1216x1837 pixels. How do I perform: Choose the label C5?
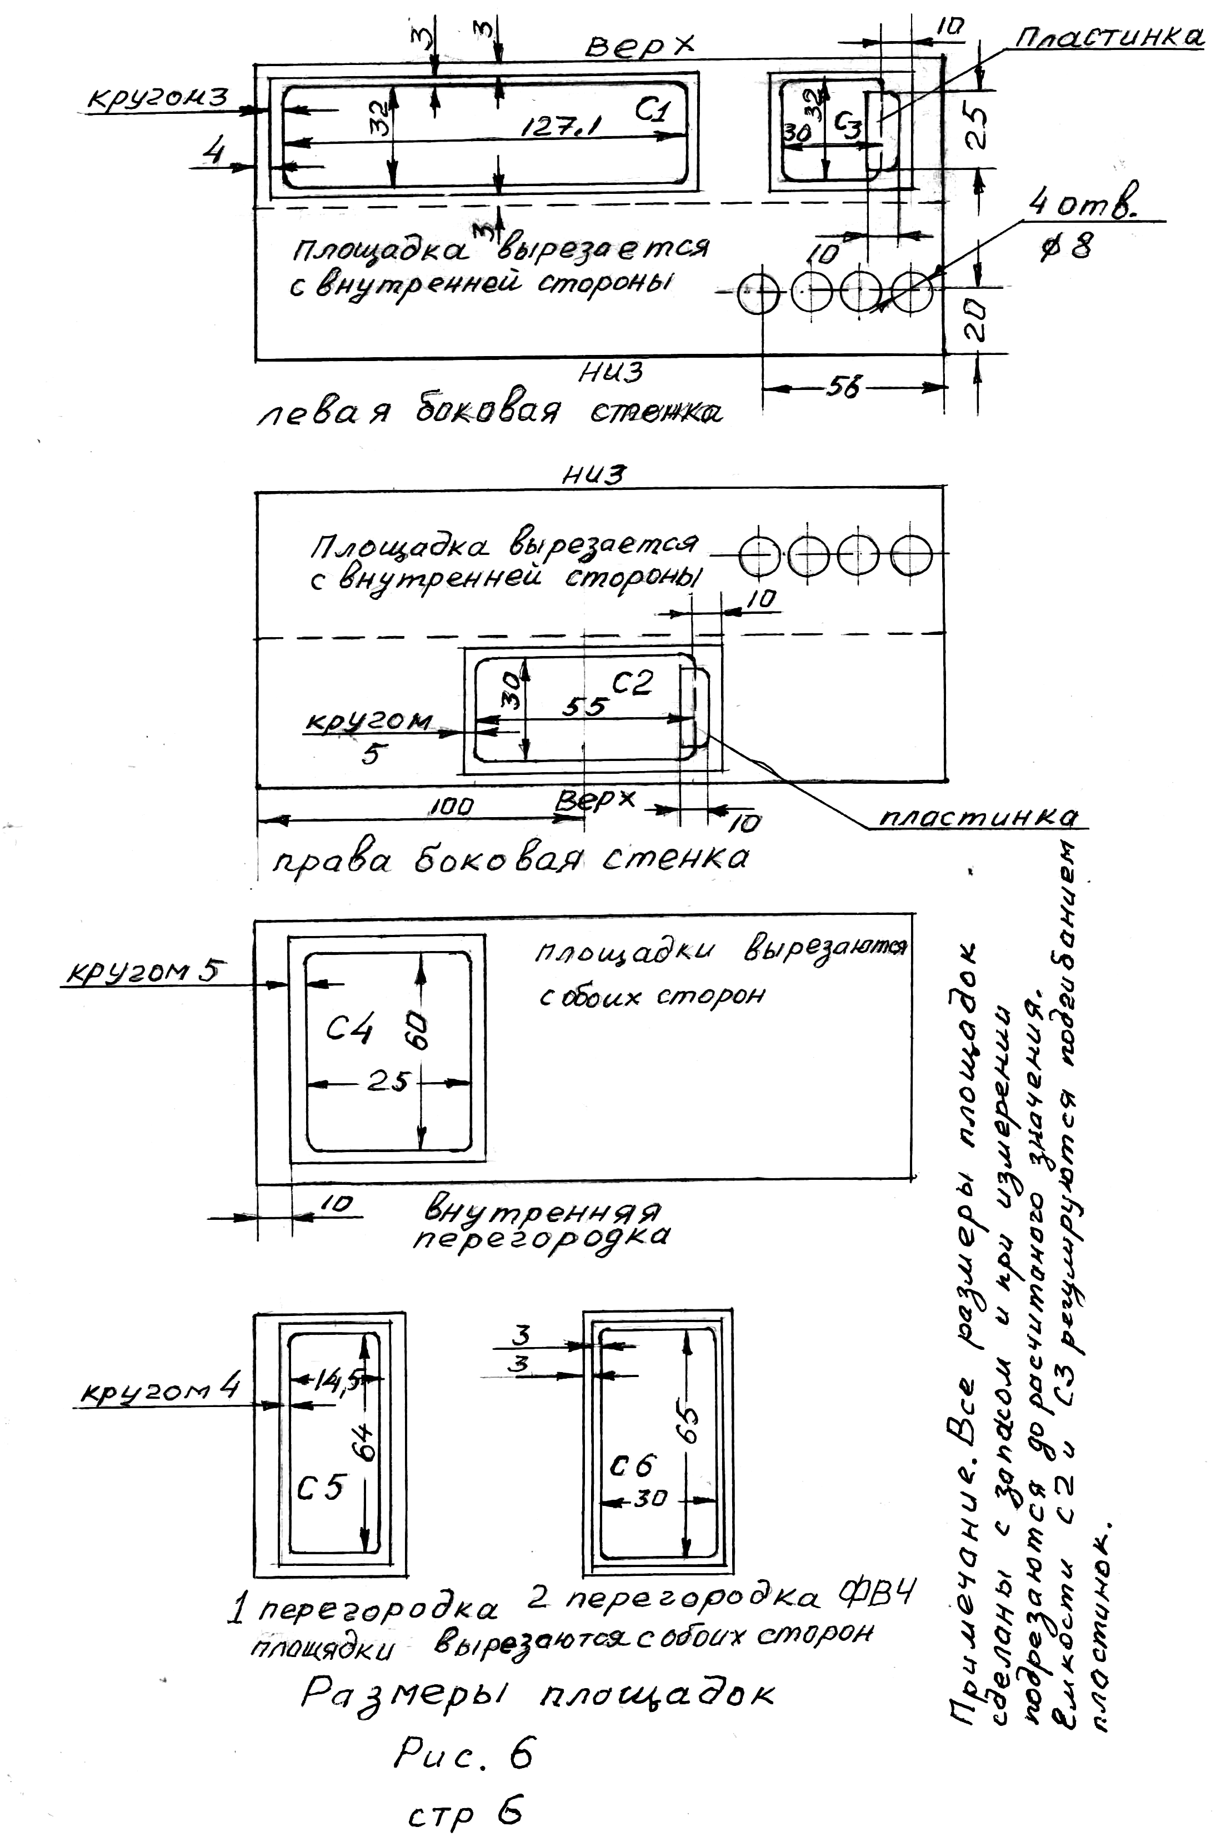(x=321, y=1487)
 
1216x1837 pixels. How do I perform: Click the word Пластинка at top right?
(x=1110, y=37)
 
